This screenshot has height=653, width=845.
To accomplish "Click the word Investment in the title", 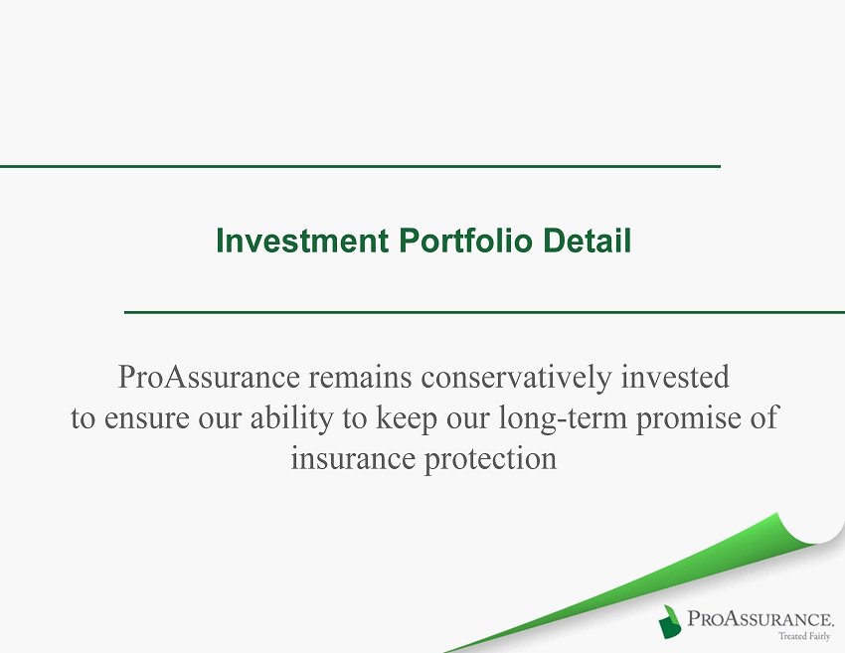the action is pos(302,241).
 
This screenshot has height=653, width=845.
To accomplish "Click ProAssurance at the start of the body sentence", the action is pos(209,376).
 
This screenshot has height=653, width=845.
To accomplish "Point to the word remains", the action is pos(360,376).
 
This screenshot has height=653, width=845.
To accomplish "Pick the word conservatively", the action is pos(516,377).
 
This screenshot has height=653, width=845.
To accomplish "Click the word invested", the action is pos(675,376).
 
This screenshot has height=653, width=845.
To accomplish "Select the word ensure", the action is pos(146,418).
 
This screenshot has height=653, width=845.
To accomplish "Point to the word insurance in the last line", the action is pos(354,459).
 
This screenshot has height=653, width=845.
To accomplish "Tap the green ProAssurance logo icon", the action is pos(670,622).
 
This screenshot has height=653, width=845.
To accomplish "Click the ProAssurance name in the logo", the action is pos(760,618).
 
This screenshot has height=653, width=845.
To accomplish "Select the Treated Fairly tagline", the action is pos(804,636).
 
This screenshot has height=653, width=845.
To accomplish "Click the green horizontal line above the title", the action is pos(360,167).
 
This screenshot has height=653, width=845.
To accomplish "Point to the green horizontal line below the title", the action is pos(484,312).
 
